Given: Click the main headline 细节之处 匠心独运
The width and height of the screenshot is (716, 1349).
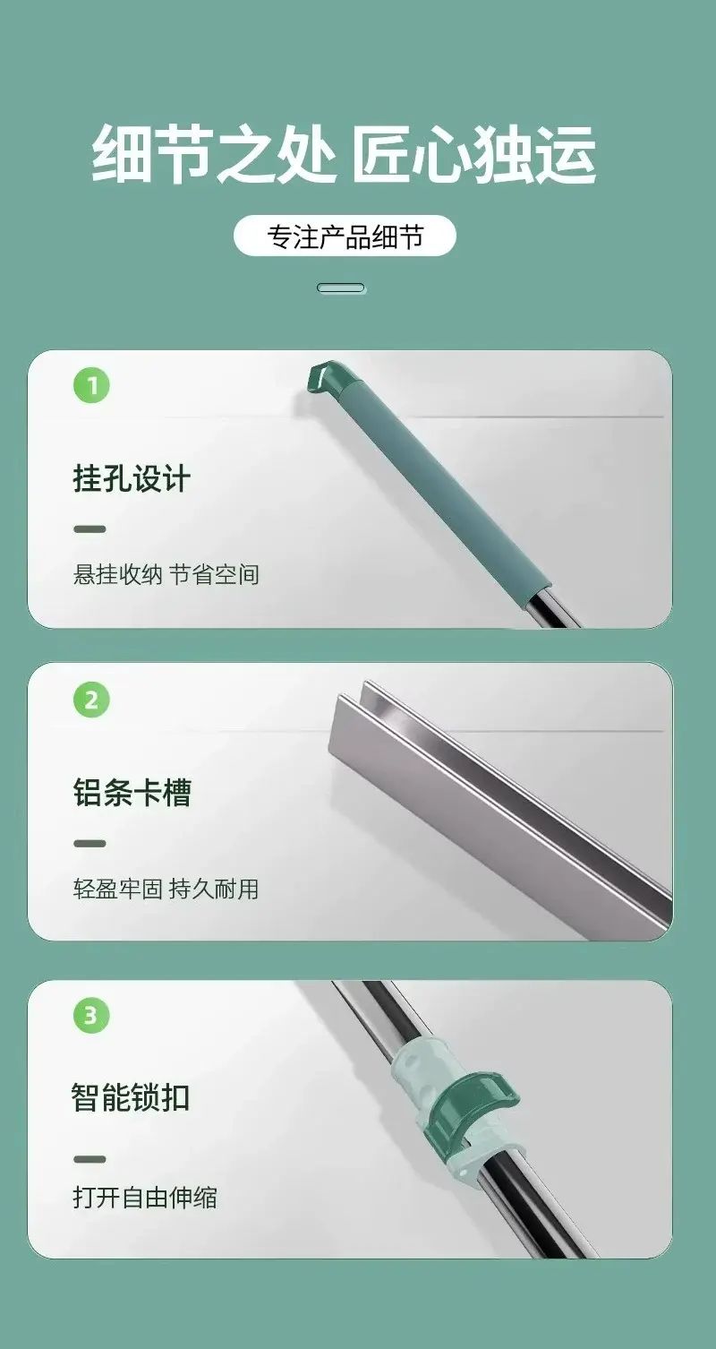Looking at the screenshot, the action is pyautogui.click(x=345, y=153).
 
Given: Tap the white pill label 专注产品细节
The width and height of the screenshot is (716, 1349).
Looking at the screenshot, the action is pyautogui.click(x=345, y=236).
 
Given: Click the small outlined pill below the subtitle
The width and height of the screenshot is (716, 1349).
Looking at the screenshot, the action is pyautogui.click(x=341, y=288).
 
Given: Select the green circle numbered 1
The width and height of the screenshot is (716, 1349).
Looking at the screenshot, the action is pyautogui.click(x=91, y=385).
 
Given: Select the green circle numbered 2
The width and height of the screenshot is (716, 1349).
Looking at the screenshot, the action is pyautogui.click(x=91, y=700).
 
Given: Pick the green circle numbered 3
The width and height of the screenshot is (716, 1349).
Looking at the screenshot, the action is pyautogui.click(x=91, y=1016).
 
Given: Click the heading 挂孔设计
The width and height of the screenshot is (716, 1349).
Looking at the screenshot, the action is pyautogui.click(x=132, y=479).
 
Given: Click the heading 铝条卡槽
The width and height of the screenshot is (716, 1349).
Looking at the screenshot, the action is pyautogui.click(x=132, y=793).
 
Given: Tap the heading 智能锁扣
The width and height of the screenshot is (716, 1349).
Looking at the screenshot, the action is pyautogui.click(x=131, y=1097).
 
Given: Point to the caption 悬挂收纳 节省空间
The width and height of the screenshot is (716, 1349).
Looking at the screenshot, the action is pyautogui.click(x=166, y=574).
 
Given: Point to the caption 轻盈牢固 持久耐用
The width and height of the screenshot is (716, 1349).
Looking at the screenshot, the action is pyautogui.click(x=166, y=889).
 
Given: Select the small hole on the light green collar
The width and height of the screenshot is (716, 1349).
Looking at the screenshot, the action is pyautogui.click(x=464, y=1173).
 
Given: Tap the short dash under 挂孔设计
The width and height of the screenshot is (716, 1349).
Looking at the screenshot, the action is pyautogui.click(x=89, y=529).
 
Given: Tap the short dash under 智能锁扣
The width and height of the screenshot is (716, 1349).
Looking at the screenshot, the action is pyautogui.click(x=89, y=1159).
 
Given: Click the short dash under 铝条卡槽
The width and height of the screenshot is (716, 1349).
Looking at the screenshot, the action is pyautogui.click(x=89, y=844).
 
